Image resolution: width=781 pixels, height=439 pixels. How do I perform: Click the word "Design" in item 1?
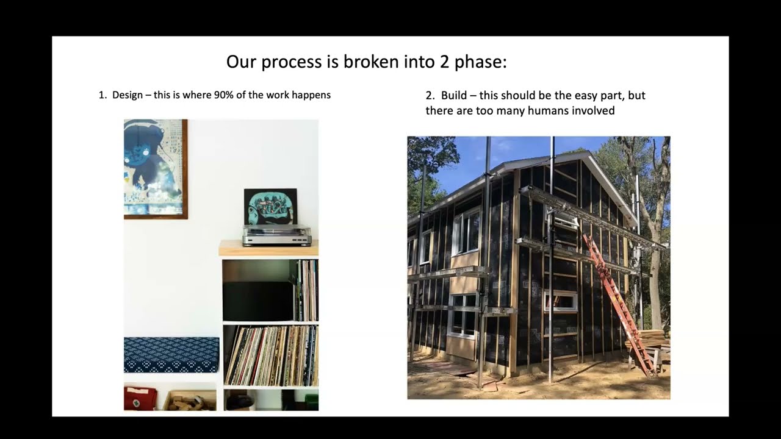click(x=128, y=95)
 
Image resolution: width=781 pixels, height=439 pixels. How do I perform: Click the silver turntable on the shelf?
click(x=276, y=235)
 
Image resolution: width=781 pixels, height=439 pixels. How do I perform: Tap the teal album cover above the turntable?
click(x=270, y=206)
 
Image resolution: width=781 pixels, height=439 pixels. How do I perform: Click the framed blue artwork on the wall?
click(x=155, y=168)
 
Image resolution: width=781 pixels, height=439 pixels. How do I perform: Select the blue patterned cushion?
click(x=171, y=355)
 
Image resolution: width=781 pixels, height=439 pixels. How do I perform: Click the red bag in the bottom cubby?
click(x=140, y=398)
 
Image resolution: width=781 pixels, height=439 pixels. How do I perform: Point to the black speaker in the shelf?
click(x=258, y=301)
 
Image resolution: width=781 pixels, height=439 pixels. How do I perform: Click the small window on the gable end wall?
click(x=561, y=301)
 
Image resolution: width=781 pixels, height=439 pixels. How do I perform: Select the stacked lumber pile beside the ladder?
click(x=648, y=339)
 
